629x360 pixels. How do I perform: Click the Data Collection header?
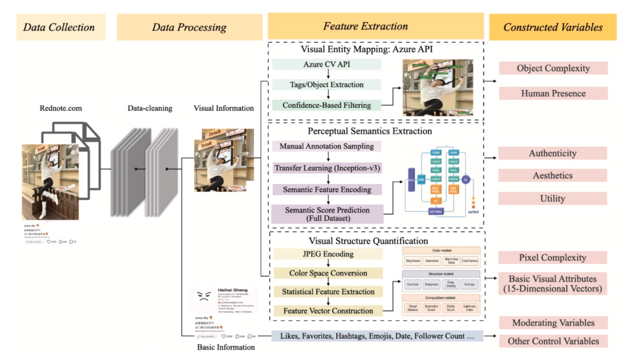point(59,27)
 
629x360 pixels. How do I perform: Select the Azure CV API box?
point(326,65)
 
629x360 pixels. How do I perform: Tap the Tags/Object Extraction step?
point(326,85)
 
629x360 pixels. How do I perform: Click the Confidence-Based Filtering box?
point(326,105)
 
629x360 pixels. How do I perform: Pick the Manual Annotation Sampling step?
point(326,146)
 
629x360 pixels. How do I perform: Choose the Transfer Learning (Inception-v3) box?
point(327,168)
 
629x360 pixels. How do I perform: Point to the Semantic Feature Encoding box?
point(327,189)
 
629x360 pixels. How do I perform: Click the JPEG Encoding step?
point(328,254)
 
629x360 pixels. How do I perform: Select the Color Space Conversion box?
point(328,273)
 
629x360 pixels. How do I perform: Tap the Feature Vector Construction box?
point(328,311)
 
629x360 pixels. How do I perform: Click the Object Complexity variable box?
point(553,68)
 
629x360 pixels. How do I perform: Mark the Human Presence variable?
point(553,93)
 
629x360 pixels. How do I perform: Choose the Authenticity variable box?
point(552,153)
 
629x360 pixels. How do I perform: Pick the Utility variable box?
point(552,198)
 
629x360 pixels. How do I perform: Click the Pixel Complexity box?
point(552,258)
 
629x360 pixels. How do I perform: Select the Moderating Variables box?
point(553,323)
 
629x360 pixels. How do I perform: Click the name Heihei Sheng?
point(233,290)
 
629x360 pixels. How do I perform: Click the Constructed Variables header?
point(552,27)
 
